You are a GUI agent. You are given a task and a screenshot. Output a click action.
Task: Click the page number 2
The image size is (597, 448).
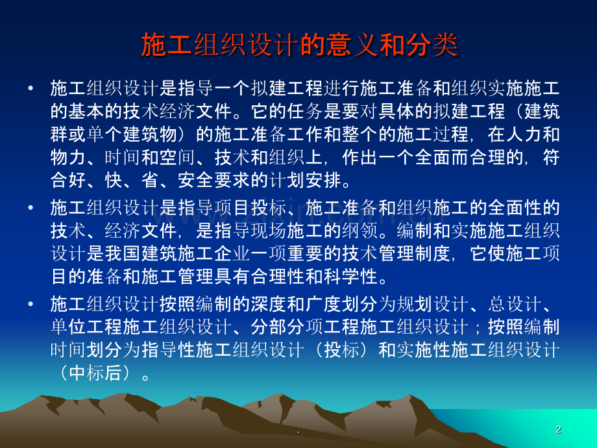(558, 429)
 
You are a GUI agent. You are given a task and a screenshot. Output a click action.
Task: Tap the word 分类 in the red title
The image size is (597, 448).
(432, 45)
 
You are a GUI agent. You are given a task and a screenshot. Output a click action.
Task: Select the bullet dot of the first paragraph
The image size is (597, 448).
(30, 88)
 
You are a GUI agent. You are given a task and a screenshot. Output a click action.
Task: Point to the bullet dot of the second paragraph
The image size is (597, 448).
(30, 208)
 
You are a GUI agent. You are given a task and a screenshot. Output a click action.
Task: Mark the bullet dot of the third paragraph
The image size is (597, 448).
(30, 304)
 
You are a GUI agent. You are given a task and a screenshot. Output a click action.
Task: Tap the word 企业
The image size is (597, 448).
(232, 254)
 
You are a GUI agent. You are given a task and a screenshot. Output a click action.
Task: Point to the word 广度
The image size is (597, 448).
(324, 304)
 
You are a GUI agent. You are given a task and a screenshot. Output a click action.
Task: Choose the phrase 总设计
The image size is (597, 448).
(515, 304)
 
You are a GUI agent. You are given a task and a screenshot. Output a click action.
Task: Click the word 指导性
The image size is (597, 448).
(168, 350)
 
